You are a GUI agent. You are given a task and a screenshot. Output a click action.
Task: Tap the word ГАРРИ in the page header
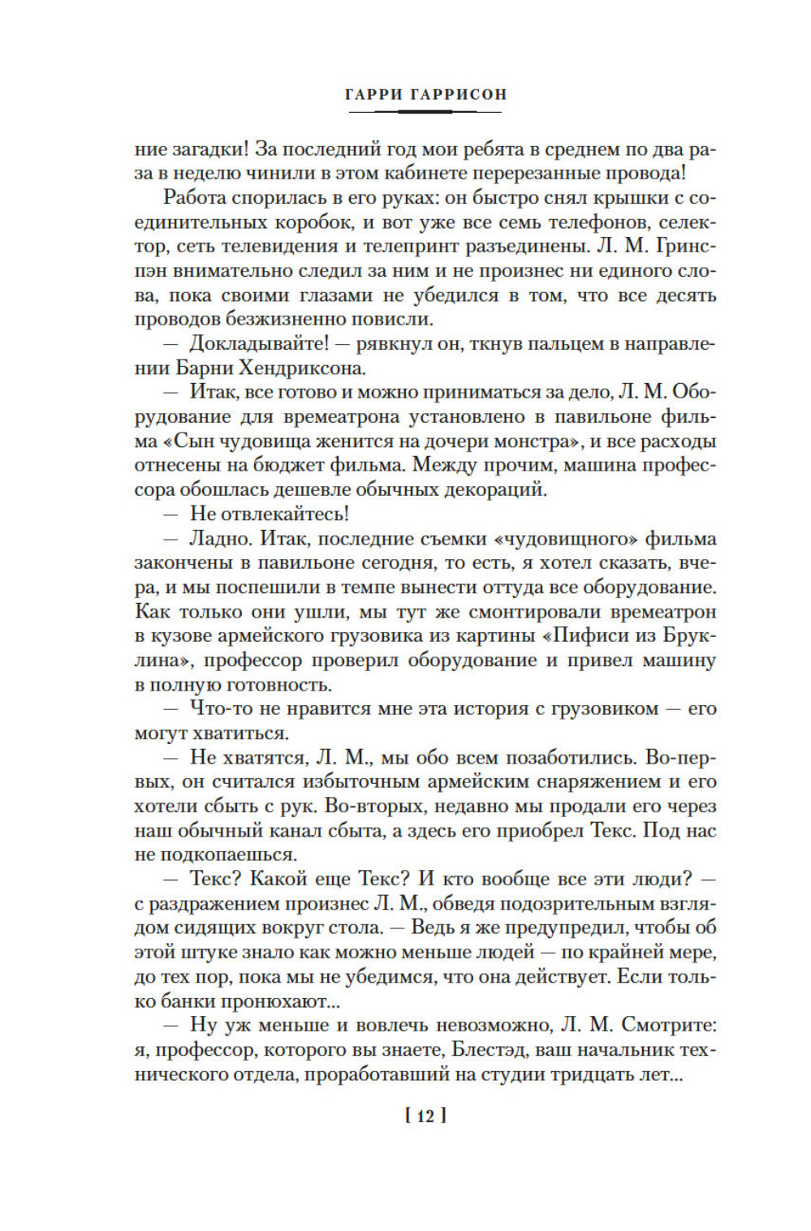(373, 94)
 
